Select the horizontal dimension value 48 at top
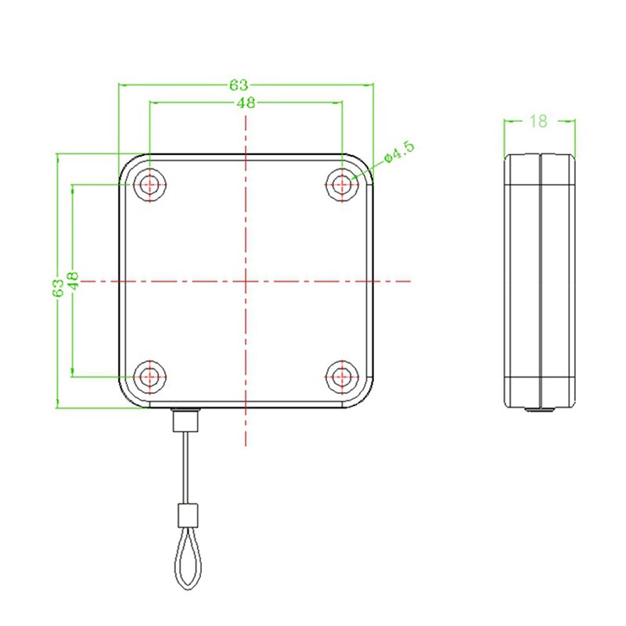click(x=246, y=103)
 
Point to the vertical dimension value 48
click(x=72, y=281)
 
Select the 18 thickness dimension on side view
click(x=538, y=121)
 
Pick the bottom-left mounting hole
click(x=149, y=376)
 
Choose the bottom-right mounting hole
click(x=342, y=376)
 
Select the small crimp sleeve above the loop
click(x=186, y=515)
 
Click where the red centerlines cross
click(x=246, y=281)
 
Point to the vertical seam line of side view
click(x=539, y=281)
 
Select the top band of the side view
click(x=538, y=170)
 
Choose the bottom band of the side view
click(x=538, y=391)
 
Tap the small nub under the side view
click(x=538, y=409)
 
